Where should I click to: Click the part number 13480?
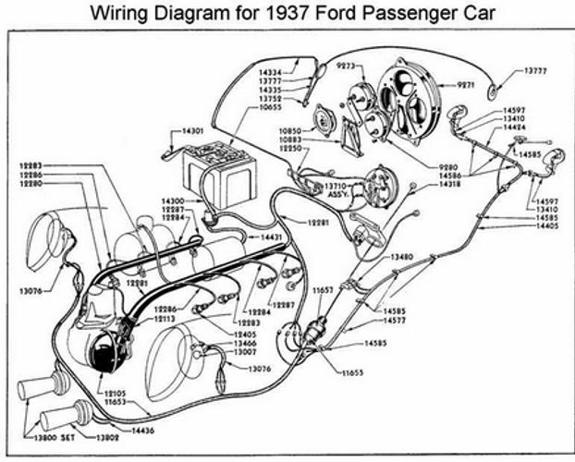click(400, 255)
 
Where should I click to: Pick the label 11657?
click(323, 290)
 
